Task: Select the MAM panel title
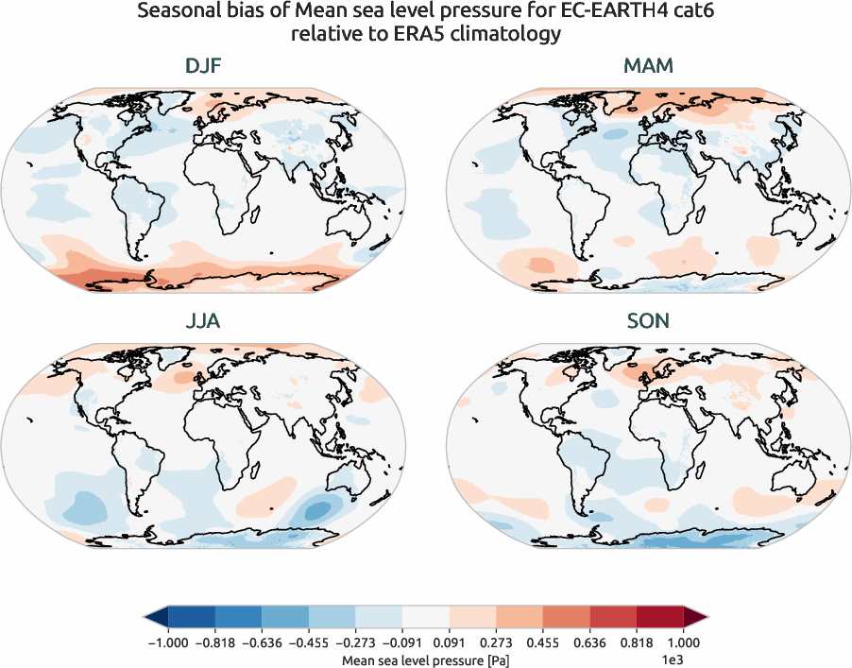pos(649,67)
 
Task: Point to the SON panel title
pos(649,321)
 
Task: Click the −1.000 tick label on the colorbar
pos(168,642)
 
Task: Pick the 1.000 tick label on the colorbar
pos(684,642)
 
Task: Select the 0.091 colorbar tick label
pos(450,642)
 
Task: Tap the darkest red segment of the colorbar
pos(660,618)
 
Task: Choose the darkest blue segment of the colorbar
pos(192,618)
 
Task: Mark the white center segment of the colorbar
pos(426,618)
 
